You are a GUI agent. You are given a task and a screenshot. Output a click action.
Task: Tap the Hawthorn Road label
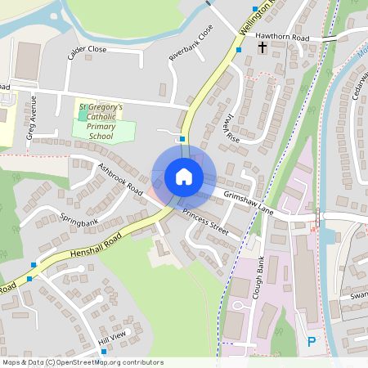tap(282, 38)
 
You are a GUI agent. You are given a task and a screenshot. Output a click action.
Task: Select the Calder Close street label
tap(88, 54)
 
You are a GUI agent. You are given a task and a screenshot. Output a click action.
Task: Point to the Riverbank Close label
tap(191, 43)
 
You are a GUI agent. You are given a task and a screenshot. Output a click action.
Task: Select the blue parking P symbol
tap(311, 342)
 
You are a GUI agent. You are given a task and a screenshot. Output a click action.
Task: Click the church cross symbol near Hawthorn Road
tap(263, 49)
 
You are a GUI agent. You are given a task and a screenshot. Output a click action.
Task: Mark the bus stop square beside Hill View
tap(104, 352)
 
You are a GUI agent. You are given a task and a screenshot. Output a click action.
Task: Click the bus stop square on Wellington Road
tap(239, 50)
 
